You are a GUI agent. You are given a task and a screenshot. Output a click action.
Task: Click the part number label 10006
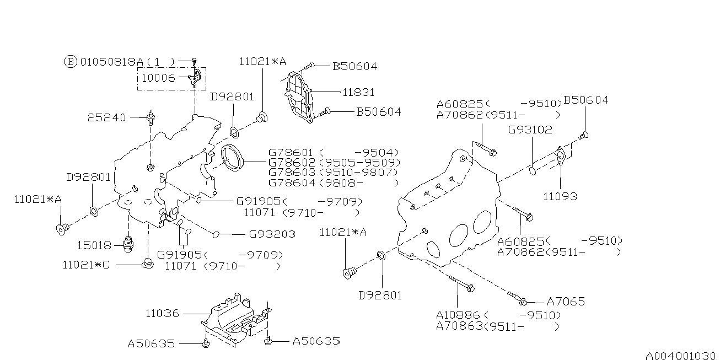coord(158,78)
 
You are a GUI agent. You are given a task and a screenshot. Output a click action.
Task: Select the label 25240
coord(106,117)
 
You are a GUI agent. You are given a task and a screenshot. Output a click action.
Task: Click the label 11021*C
coord(86,265)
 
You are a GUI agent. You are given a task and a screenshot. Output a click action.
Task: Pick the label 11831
coord(358,92)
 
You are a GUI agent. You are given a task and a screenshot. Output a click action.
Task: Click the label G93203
coord(272,234)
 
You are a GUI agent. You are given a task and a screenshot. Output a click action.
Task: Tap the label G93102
coord(530,130)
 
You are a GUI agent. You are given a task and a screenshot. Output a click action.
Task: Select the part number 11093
coord(560,196)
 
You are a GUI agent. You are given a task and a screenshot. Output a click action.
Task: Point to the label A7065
coord(566,302)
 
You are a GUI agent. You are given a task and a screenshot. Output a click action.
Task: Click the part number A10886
coord(458,315)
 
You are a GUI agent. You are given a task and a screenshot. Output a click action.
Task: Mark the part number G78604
coord(291,182)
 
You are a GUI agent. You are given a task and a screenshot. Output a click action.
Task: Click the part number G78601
coord(291,153)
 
